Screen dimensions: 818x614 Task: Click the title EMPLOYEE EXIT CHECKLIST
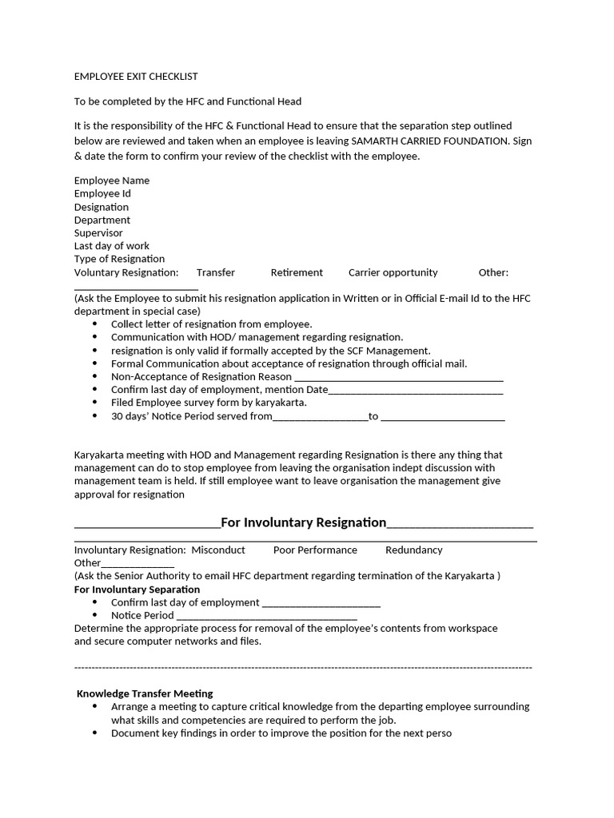136,77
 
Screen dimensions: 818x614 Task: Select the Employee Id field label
102,193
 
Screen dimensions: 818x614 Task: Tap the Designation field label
102,207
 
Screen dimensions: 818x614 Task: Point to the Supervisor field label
98,232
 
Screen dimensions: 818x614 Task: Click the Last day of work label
112,246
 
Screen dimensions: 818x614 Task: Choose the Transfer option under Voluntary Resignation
216,272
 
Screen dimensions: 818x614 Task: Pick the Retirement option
297,272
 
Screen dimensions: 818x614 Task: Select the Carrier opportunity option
393,272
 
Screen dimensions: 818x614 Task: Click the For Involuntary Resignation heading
303,522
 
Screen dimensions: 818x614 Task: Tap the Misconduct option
218,550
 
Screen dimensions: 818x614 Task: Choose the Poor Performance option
315,550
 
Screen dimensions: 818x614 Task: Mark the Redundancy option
413,550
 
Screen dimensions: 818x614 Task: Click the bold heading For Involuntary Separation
137,590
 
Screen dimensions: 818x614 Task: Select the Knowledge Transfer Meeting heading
145,693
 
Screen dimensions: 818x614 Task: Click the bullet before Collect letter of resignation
95,324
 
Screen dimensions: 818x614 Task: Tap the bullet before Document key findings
95,733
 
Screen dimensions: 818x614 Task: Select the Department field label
102,220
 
